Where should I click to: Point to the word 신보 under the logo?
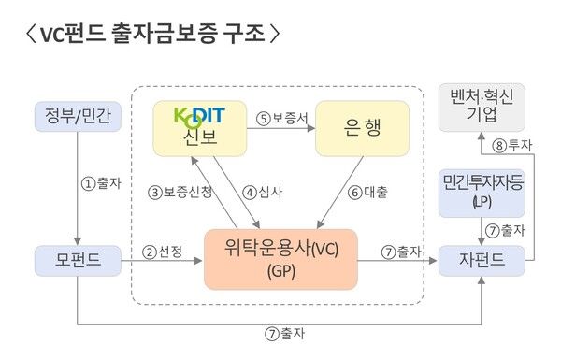click(x=199, y=139)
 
